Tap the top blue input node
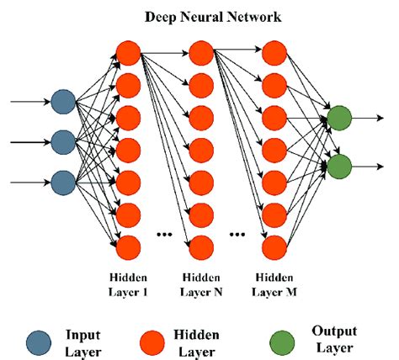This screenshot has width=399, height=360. (x=62, y=103)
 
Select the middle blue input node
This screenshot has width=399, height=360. (x=62, y=141)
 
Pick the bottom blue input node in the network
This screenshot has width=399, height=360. (x=62, y=180)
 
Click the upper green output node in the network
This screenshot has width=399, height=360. (x=339, y=119)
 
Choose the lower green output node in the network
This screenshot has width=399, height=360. (x=339, y=164)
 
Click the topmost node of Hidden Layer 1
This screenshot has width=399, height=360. (x=127, y=52)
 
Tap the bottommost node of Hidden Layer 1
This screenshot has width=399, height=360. (x=127, y=246)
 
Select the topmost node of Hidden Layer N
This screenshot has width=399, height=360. (x=200, y=52)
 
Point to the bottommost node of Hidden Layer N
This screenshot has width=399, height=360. (x=200, y=246)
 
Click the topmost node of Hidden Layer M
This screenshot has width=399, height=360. (x=273, y=52)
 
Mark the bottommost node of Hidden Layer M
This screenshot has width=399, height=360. (x=273, y=246)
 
